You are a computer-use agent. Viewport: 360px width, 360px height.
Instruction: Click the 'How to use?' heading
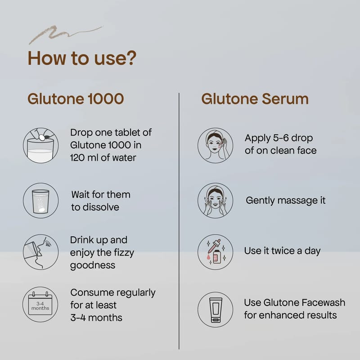point(82,58)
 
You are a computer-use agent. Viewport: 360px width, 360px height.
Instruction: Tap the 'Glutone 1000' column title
point(76,99)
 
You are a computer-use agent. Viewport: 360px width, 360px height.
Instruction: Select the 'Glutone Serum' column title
point(255,99)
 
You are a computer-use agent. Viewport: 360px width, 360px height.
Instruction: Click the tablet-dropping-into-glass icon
point(41,145)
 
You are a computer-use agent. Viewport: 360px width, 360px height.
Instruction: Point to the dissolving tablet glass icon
point(41,200)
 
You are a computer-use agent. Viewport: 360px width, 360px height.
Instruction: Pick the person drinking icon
point(41,252)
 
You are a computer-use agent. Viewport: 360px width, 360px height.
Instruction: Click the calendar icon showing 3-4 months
point(40,304)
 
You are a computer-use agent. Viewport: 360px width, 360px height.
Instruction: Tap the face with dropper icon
point(216,145)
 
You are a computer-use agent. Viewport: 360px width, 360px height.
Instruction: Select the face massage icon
point(216,200)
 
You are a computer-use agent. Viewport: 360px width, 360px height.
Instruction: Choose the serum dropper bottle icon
point(216,252)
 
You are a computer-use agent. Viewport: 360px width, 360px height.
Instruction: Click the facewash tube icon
point(216,310)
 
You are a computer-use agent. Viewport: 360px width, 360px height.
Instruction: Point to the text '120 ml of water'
point(103,158)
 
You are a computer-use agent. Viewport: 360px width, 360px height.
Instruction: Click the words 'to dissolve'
point(95,207)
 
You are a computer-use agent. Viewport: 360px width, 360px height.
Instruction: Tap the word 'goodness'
point(93,265)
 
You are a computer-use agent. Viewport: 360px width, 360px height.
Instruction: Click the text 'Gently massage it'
point(286,200)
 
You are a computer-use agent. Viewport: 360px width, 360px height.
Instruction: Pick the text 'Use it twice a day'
point(283,251)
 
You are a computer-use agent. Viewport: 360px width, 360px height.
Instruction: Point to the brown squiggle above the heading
point(65,34)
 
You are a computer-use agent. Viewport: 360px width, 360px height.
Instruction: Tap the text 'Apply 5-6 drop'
point(279,138)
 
